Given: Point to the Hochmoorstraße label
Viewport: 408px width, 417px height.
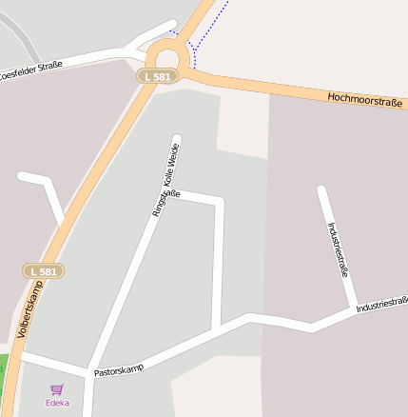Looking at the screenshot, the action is (x=366, y=98).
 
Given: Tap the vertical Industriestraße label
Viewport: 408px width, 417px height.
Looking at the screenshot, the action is (x=338, y=248).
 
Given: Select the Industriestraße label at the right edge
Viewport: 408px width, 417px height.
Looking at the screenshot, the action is (x=382, y=306).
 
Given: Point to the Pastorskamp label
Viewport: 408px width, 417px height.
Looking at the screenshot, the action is (x=119, y=368).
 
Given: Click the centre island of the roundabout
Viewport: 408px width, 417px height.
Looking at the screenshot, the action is (x=171, y=51).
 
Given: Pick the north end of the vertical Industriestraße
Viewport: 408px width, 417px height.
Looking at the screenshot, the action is (x=321, y=190).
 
